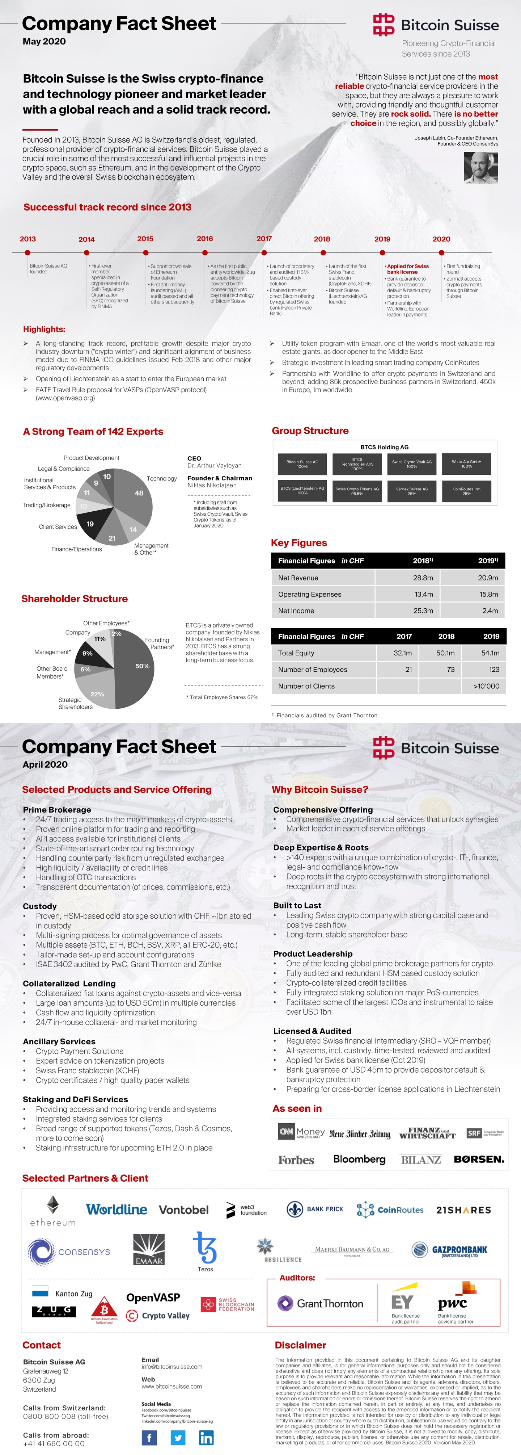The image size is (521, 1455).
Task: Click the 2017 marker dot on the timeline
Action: pos(264,252)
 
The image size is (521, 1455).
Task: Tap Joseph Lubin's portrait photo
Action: pos(481,167)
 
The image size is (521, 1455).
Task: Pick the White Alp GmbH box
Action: pos(466,464)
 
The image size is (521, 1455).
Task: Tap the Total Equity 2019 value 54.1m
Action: pos(490,653)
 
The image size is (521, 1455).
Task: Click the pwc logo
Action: pos(452,1303)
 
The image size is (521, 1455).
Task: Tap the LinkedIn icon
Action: pos(206,1438)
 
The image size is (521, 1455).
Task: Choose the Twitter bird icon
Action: pos(178,1438)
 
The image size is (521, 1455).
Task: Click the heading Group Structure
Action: pos(310,431)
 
